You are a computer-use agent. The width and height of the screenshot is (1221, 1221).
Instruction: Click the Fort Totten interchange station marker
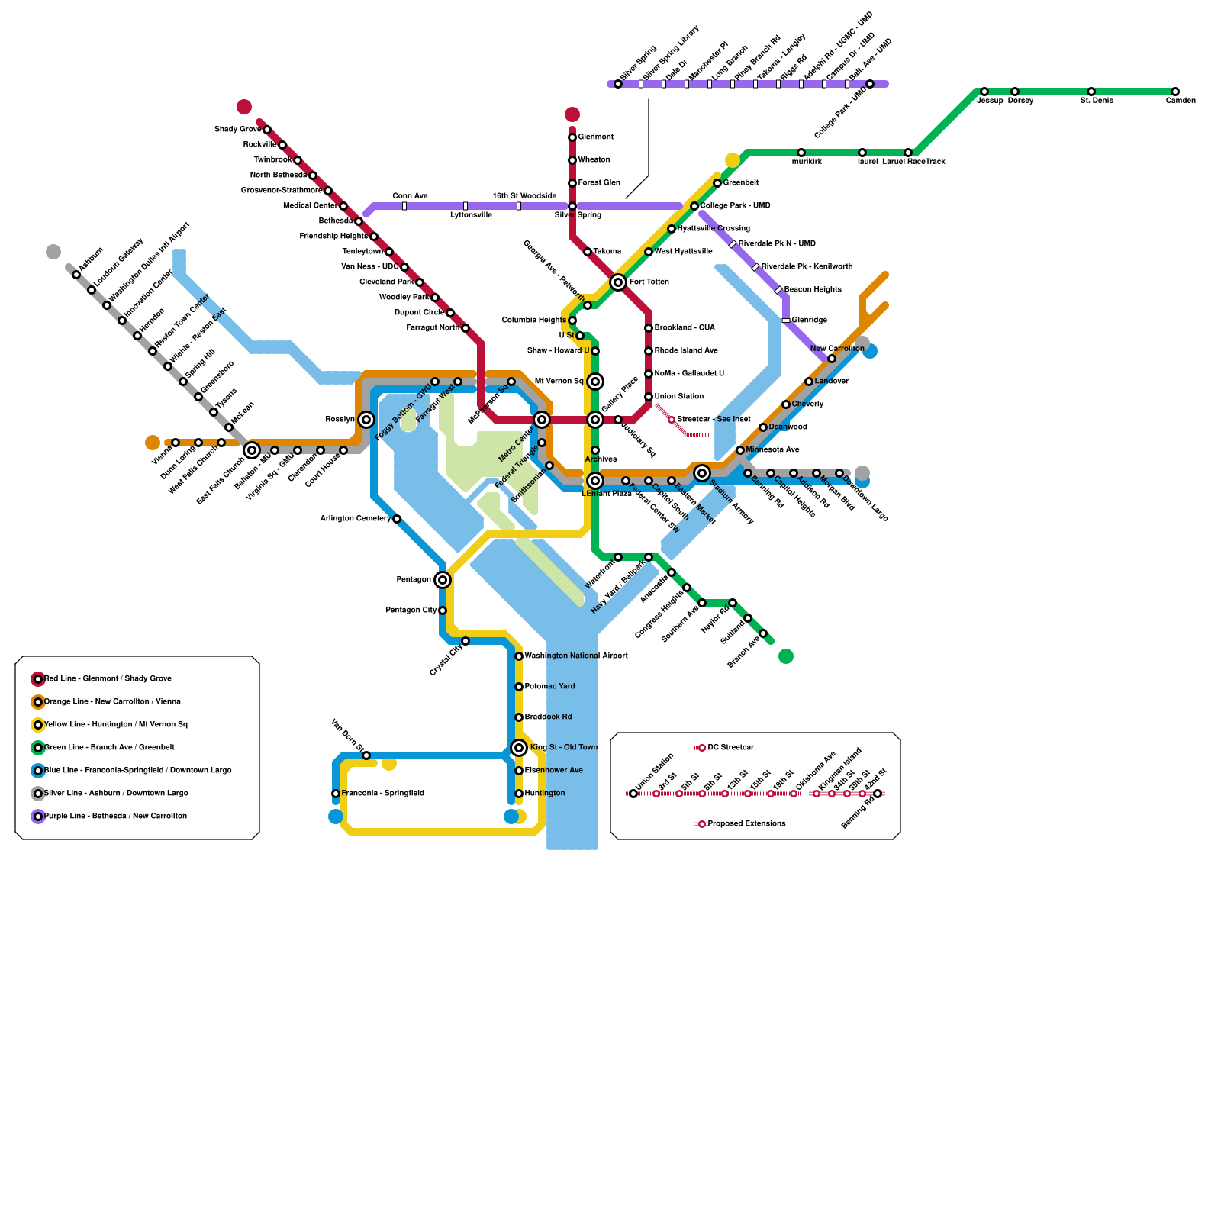[x=618, y=282]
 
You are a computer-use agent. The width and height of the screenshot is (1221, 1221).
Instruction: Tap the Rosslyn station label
[x=340, y=420]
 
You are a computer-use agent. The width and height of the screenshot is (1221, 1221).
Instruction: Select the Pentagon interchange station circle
[x=443, y=580]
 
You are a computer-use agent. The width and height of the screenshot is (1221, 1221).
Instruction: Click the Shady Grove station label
[x=237, y=130]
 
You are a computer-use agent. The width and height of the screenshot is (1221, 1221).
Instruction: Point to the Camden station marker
[x=1175, y=92]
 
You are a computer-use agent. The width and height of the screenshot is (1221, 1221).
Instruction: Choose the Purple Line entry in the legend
[x=115, y=817]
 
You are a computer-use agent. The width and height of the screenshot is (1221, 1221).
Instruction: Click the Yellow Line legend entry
[x=115, y=725]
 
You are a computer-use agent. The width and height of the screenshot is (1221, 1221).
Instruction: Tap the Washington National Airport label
[x=576, y=656]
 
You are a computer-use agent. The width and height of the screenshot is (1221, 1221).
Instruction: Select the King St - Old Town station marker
[x=519, y=748]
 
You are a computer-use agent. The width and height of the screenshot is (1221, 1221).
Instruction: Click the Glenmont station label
[x=595, y=137]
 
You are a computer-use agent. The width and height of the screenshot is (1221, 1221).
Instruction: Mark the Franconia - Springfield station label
[x=383, y=794]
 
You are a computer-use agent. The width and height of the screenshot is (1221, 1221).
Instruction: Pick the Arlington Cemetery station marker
[x=397, y=519]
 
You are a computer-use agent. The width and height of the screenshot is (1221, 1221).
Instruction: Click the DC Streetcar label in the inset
[x=730, y=748]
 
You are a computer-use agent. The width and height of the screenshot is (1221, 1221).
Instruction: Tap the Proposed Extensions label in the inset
[x=746, y=824]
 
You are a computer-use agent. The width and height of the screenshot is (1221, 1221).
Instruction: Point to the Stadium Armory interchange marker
[x=702, y=473]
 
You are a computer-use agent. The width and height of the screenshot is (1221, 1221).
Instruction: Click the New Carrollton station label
[x=837, y=349]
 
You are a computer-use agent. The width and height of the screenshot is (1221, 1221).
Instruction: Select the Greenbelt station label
[x=740, y=183]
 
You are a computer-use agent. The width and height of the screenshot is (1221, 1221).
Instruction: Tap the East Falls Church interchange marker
[x=252, y=450]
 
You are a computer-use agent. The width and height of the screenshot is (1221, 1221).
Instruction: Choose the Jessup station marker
[x=984, y=92]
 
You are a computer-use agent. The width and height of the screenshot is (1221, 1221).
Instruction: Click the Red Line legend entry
[x=108, y=679]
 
